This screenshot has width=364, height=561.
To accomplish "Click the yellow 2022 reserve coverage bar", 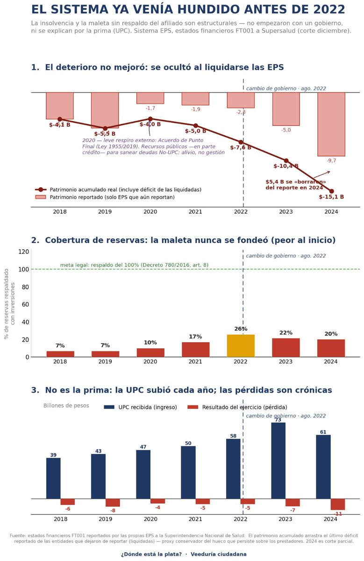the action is coord(241,345).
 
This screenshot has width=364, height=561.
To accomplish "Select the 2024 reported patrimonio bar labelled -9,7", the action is coord(331,124).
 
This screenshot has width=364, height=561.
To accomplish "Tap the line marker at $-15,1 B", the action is coord(331,191).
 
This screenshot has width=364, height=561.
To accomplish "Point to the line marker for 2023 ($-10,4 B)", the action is coord(286,160).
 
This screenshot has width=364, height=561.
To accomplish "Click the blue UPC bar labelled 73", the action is coord(278,460).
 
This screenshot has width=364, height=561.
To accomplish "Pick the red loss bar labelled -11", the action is coord(338,504).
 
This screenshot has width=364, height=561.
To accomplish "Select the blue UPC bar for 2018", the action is coord(53,478).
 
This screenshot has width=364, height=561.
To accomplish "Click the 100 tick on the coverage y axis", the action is coord(25,269).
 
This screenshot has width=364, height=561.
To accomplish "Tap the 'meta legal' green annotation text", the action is coord(134,265).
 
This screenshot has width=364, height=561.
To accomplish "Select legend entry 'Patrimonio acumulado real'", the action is coord(118,190).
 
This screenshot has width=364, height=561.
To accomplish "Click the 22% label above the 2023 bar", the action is coord(286,333).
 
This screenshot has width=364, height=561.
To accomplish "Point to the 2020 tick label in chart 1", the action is coord(150,212).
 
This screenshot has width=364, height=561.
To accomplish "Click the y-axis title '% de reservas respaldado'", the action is coord(7,304).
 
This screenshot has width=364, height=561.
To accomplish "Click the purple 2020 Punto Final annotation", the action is coord(153,146).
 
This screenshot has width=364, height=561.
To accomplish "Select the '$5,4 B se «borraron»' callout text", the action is coord(296,182).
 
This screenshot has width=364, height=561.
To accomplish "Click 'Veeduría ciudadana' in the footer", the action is coord(219,554).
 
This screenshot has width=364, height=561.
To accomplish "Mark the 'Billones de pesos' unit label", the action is coord(66,406).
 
